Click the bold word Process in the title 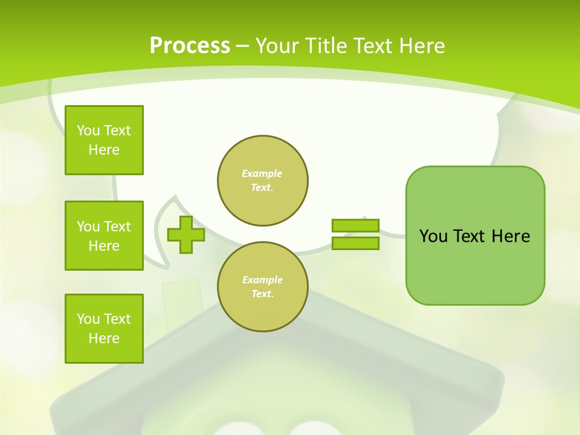190,46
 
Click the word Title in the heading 324,46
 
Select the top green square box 104,140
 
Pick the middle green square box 104,236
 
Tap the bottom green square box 104,329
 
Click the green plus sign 185,235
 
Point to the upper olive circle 263,181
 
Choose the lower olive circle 263,287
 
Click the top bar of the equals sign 355,225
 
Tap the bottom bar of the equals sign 355,243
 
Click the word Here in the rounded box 511,236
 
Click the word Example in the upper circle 262,173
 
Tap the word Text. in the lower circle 262,294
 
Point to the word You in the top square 88,130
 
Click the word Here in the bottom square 104,338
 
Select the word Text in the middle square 117,227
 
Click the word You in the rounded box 433,236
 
